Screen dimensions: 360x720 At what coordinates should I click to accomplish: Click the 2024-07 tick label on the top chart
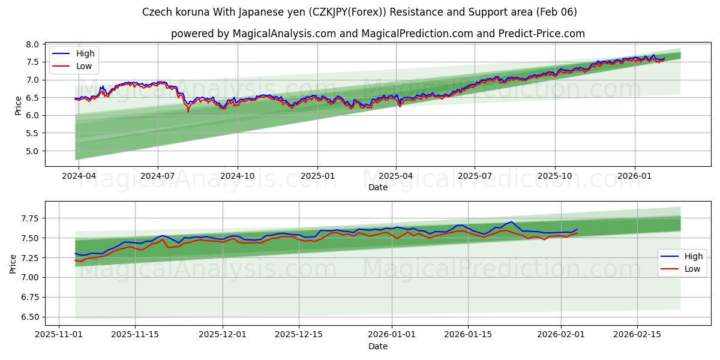[158, 175]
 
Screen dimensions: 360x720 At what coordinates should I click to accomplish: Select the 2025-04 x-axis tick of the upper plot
[396, 175]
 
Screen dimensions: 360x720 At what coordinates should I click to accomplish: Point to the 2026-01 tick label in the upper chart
[634, 175]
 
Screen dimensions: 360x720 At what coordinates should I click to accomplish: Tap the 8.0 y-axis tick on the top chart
[33, 44]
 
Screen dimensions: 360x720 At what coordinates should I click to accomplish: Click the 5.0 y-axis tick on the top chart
[33, 151]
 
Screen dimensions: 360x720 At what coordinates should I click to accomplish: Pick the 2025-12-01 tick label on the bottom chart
[223, 334]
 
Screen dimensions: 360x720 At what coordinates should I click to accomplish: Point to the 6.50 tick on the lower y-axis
[29, 317]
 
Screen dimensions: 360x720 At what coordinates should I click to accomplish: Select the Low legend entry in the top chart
[84, 66]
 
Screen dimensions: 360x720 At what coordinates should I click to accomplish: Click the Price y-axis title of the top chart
[18, 105]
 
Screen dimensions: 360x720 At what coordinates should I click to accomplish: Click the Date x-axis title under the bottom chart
[378, 346]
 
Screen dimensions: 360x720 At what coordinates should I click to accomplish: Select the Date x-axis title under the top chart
[378, 187]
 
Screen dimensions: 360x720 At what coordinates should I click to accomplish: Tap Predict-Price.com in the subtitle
[542, 34]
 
